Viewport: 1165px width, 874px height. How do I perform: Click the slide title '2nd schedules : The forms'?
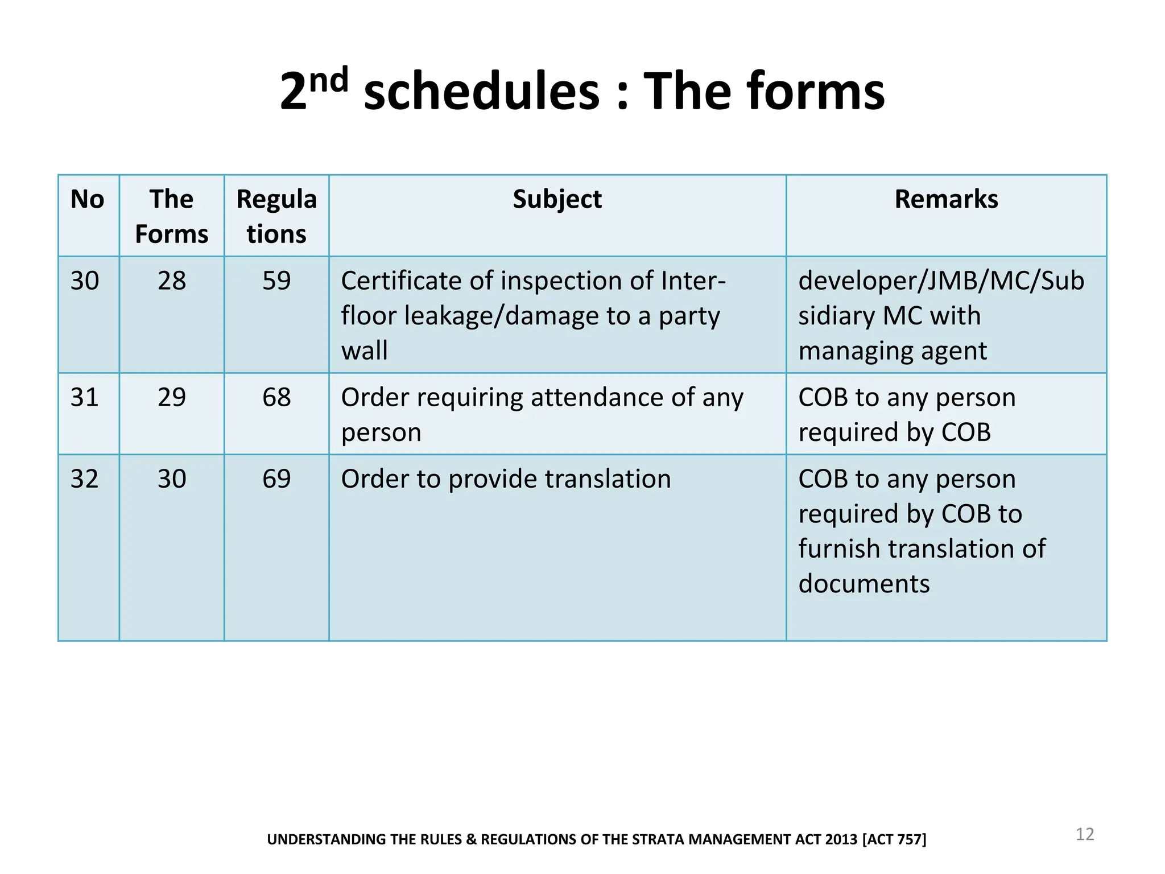[582, 91]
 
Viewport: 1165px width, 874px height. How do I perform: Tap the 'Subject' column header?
[557, 200]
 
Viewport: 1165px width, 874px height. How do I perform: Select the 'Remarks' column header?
[946, 200]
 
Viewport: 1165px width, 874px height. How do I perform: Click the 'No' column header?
[87, 200]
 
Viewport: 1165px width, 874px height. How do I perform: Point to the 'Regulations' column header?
[276, 217]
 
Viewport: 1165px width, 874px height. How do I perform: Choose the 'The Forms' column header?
[171, 217]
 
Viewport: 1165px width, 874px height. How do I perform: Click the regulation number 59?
[276, 281]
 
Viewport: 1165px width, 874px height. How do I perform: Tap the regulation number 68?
[276, 397]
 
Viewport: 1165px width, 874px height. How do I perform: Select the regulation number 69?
[276, 479]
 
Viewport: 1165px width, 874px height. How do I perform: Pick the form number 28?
[171, 281]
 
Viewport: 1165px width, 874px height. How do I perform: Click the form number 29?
[171, 397]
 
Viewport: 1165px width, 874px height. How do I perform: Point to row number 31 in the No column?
[84, 397]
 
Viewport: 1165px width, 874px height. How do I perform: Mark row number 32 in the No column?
[84, 479]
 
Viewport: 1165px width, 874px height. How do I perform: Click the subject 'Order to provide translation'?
[506, 479]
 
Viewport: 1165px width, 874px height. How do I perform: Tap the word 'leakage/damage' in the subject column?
[501, 316]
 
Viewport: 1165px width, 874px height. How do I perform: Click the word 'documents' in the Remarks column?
[864, 584]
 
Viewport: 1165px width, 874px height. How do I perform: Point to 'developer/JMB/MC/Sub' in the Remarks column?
[941, 281]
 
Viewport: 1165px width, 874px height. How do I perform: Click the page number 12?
[1084, 834]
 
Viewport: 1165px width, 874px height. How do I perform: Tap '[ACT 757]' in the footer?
[894, 839]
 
